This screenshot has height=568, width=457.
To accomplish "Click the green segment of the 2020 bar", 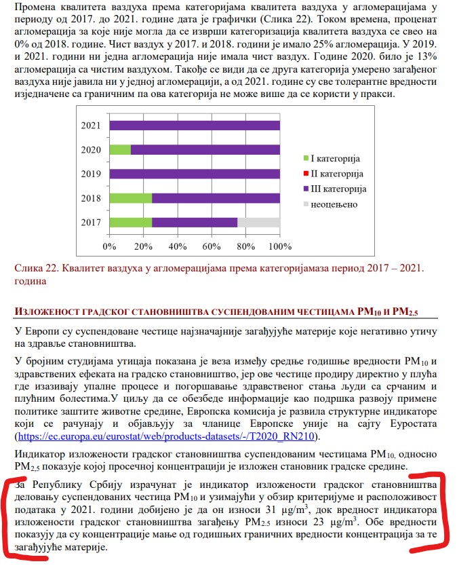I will (x=119, y=149).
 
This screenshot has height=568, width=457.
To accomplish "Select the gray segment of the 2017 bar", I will (x=258, y=222).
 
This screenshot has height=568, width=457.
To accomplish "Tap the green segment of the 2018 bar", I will (x=130, y=198).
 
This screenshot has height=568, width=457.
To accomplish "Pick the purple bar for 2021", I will (x=194, y=126).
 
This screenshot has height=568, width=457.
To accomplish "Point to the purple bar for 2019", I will (x=194, y=174).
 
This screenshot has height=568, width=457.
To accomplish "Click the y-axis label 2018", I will (x=91, y=198).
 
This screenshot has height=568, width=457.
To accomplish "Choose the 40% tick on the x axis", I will (x=177, y=245).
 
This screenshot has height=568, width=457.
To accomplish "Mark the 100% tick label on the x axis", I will (x=279, y=245).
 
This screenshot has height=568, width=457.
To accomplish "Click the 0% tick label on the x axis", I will (x=109, y=245).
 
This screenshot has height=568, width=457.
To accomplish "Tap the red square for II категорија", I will (x=306, y=174).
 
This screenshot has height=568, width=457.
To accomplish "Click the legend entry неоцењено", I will (x=334, y=204).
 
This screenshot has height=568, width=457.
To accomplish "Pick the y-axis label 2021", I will (x=91, y=126).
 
